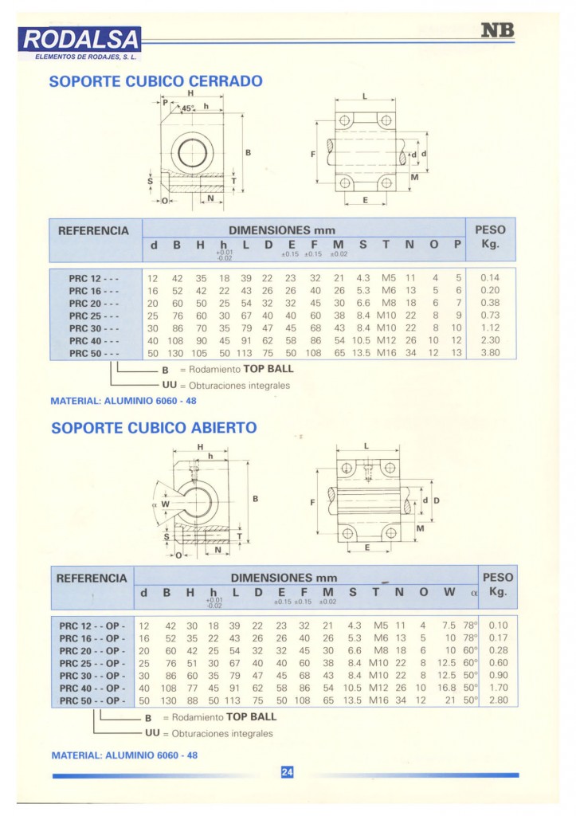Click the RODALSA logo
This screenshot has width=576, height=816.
83,38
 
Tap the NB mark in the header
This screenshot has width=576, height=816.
498,31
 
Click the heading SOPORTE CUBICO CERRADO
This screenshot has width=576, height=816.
156,81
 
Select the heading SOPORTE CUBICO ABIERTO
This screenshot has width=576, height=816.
154,428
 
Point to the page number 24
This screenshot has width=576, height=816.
288,771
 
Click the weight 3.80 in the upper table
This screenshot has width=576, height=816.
490,352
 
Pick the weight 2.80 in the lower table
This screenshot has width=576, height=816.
498,700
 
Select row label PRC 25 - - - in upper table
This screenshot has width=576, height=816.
94,316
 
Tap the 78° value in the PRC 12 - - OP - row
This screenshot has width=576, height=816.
470,626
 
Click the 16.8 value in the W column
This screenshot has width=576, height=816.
446,688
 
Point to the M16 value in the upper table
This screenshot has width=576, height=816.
386,352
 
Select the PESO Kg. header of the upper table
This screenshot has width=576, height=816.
490,237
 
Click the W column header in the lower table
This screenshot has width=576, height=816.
449,592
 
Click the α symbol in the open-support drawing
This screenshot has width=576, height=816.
154,503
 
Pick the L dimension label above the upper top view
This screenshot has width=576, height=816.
364,96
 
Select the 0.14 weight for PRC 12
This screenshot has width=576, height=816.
490,278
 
